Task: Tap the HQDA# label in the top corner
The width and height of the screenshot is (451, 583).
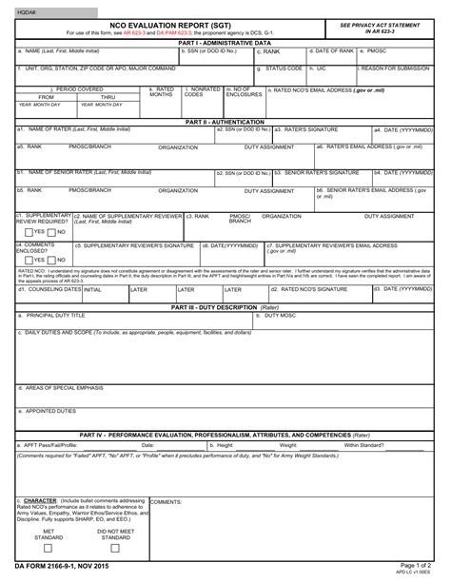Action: click(x=29, y=10)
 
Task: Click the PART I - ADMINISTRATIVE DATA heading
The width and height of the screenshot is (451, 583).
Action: click(x=225, y=43)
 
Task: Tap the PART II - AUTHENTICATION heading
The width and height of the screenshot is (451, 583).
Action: click(x=225, y=122)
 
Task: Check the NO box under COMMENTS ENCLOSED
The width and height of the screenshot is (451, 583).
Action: click(x=51, y=259)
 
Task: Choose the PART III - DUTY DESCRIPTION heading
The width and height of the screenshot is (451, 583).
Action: click(x=225, y=307)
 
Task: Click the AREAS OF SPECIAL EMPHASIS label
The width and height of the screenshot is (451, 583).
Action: click(x=63, y=389)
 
